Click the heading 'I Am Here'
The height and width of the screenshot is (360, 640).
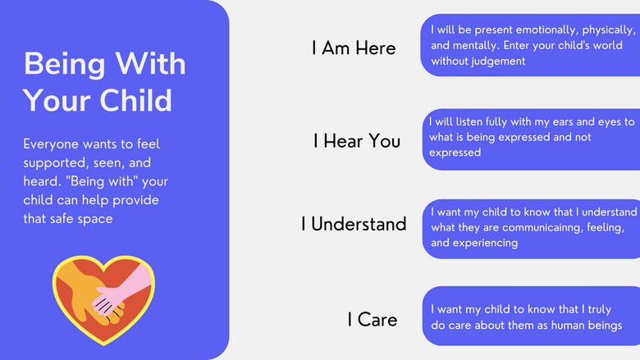pyautogui.click(x=354, y=48)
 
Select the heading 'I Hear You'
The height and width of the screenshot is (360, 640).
pyautogui.click(x=357, y=141)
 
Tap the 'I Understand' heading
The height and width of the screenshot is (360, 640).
pyautogui.click(x=354, y=224)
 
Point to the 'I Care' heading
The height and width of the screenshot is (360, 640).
pyautogui.click(x=373, y=320)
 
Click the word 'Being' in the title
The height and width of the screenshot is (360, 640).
pyautogui.click(x=65, y=65)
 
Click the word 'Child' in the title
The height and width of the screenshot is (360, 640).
pyautogui.click(x=136, y=100)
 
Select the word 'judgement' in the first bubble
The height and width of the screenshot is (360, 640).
pyautogui.click(x=499, y=62)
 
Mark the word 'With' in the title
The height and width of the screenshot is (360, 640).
pyautogui.click(x=150, y=64)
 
